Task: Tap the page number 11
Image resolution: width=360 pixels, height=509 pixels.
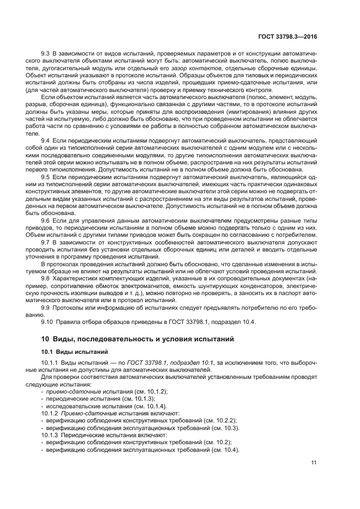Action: pyautogui.click(x=314, y=463)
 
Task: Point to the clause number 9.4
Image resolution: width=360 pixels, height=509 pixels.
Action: pyautogui.click(x=46, y=140)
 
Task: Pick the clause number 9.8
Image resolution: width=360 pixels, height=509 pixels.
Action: pyautogui.click(x=46, y=278)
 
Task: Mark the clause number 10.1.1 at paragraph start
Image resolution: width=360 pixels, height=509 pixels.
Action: pyautogui.click(x=49, y=363)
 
